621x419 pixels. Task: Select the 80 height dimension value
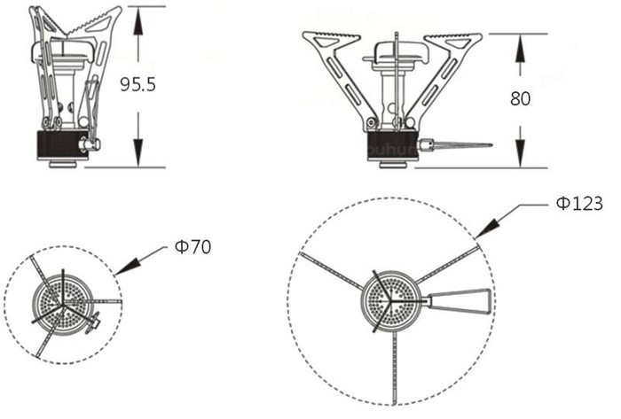[x=520, y=98]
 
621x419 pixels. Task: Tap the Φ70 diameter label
[x=193, y=247]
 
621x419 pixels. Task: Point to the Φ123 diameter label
[x=579, y=204]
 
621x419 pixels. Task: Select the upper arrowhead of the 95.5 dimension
[x=138, y=21]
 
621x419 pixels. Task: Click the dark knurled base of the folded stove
[x=59, y=144]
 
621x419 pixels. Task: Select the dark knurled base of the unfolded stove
[x=391, y=144]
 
